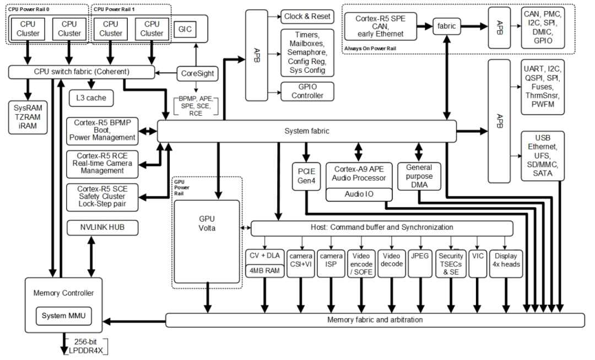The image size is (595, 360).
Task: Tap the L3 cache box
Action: (x=91, y=99)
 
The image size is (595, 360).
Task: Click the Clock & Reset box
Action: (x=306, y=16)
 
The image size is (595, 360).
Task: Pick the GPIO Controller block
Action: (x=306, y=91)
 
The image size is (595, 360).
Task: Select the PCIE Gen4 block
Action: (x=306, y=176)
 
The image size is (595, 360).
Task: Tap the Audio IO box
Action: (x=358, y=194)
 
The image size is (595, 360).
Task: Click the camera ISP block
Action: (x=331, y=259)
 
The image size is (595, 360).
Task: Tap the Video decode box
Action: (x=391, y=259)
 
